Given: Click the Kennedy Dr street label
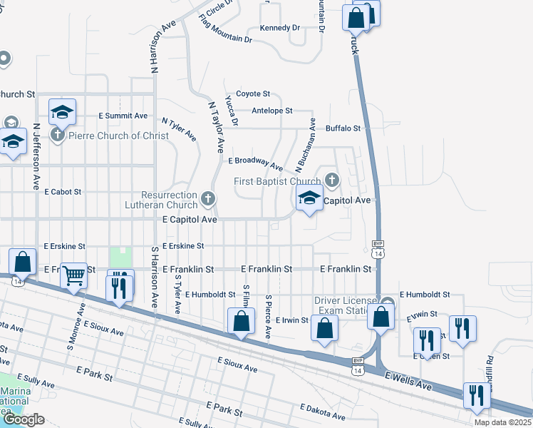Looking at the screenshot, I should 280,28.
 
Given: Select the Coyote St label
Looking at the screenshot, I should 253,93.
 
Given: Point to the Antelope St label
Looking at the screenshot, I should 272,111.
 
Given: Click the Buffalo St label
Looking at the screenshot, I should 343,128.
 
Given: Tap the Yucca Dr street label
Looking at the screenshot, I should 231,109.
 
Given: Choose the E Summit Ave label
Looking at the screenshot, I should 123,116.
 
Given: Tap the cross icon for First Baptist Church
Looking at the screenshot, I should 331,178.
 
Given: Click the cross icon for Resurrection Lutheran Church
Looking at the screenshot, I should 207,198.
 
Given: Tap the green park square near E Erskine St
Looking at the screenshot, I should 120,258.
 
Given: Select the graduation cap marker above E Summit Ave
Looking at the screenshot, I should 62,112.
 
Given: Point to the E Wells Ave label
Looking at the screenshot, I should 408,380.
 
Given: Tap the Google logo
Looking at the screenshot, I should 24,419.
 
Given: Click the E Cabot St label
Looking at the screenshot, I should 63,192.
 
